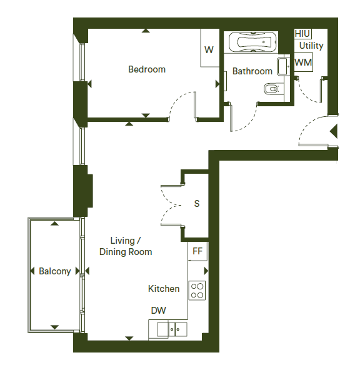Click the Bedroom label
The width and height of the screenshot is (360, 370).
pos(147,69)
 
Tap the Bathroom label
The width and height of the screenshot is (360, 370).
pos(252,71)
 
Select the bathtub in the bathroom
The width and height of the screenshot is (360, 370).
pos(252,42)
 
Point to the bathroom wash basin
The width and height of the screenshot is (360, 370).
pos(283,66)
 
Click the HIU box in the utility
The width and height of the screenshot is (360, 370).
pos(302,34)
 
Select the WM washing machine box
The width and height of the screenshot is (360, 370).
pos(303,62)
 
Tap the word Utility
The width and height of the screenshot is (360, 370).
pos(311,46)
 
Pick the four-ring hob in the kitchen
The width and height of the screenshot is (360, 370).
pos(197,291)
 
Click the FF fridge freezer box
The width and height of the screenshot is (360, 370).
pos(197,251)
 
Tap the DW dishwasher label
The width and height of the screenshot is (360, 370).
pos(159,311)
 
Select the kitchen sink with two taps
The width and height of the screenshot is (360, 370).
pos(172,329)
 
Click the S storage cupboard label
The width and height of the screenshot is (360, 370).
pos(197,204)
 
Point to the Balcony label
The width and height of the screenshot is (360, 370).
pos(55,271)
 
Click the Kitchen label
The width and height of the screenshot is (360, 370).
pos(164,289)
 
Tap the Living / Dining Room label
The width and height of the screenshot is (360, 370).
pos(126,246)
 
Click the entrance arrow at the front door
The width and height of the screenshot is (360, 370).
pos(334,131)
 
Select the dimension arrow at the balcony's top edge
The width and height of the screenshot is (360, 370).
pos(55,224)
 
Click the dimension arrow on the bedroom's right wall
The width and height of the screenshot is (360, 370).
pos(217,84)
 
